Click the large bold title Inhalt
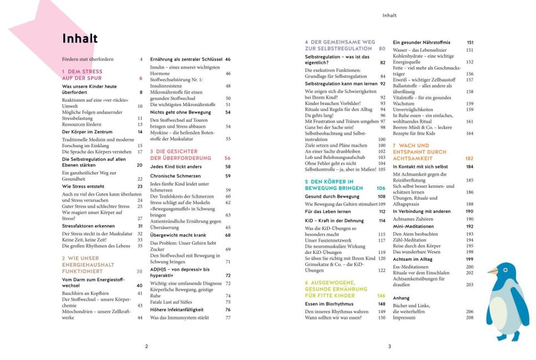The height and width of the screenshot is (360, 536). pos(80,38)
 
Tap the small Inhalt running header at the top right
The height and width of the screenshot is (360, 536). pos(389,16)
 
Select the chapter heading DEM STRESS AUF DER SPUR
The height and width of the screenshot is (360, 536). pos(83,75)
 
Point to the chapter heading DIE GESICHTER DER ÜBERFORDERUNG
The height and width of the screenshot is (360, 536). pos(181,154)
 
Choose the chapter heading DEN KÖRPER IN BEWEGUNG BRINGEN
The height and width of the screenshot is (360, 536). pos(333,185)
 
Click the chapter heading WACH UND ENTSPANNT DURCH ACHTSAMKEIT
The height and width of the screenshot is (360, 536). pos(419,152)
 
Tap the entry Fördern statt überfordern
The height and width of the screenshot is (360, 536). pos(87,59)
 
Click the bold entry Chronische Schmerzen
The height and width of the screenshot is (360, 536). pos(174,176)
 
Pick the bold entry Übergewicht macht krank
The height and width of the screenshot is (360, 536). pos(178,235)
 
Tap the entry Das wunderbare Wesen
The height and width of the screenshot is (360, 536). pos(417,252)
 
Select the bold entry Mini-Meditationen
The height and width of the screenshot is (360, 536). pos(413,227)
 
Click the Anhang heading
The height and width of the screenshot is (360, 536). pos(401,298)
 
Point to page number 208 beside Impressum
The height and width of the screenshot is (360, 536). pos(469,317)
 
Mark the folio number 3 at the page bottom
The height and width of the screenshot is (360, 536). pos(389,347)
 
